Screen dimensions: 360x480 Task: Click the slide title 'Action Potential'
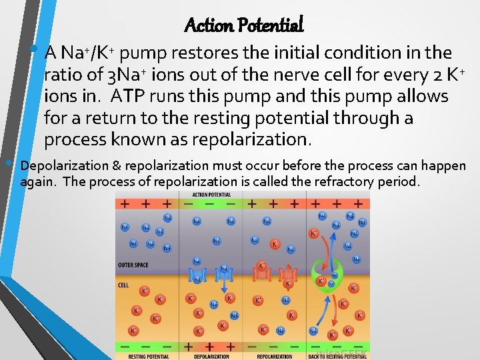pyautogui.click(x=243, y=25)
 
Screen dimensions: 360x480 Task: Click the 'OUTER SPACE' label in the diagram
pyautogui.click(x=133, y=265)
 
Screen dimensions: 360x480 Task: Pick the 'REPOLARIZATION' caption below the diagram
pyautogui.click(x=275, y=357)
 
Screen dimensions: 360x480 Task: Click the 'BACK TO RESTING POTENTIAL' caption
pyautogui.click(x=338, y=357)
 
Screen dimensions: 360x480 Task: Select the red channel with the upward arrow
pyautogui.click(x=287, y=273)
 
